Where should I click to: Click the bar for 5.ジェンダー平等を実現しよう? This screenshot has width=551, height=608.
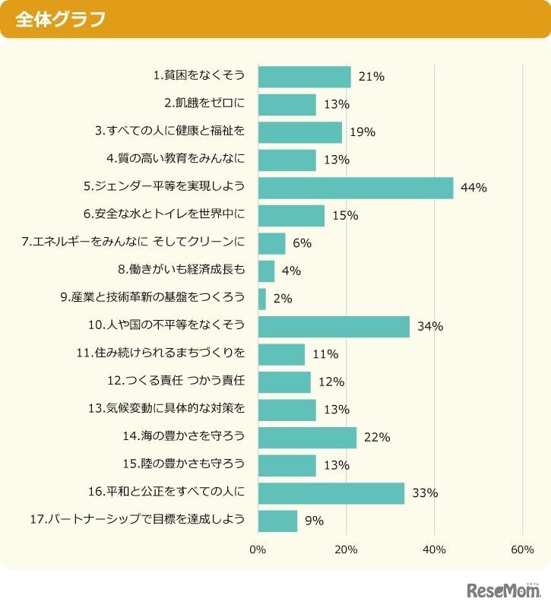[x=356, y=188]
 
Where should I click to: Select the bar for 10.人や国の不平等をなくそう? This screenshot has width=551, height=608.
[x=334, y=327]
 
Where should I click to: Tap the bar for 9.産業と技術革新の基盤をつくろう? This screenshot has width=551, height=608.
[x=262, y=299]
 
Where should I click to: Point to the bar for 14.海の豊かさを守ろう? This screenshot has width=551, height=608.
[x=307, y=437]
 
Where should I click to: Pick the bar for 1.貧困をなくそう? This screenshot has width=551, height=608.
[x=304, y=77]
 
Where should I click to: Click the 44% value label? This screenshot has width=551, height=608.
[x=473, y=188]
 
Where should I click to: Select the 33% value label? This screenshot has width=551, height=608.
[x=425, y=492]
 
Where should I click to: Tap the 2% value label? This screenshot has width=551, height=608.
[x=283, y=299]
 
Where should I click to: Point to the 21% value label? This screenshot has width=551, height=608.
[x=372, y=77]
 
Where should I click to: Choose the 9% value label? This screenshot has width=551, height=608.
[x=314, y=521]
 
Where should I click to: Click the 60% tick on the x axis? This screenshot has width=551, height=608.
[x=522, y=549]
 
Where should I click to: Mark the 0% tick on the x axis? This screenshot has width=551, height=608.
[x=258, y=549]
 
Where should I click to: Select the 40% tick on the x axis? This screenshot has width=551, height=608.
[x=434, y=549]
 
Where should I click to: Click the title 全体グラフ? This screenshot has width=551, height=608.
[x=60, y=19]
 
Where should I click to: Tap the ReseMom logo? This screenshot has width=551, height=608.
[x=503, y=590]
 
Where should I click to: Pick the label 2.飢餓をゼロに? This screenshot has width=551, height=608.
[x=204, y=104]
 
